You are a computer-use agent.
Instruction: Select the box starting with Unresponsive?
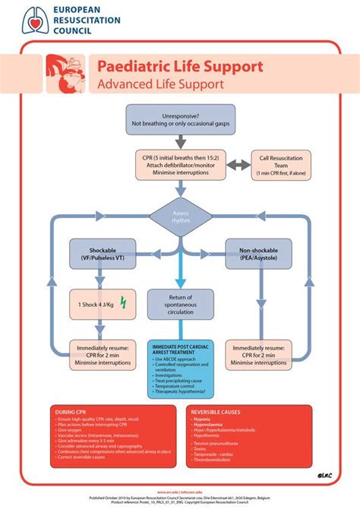point(180,119)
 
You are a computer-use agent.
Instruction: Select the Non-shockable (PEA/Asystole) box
point(258,254)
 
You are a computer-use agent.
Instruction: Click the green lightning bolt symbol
point(125,305)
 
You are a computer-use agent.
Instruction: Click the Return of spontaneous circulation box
point(180,305)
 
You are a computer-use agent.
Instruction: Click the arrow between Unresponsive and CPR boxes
point(180,141)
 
